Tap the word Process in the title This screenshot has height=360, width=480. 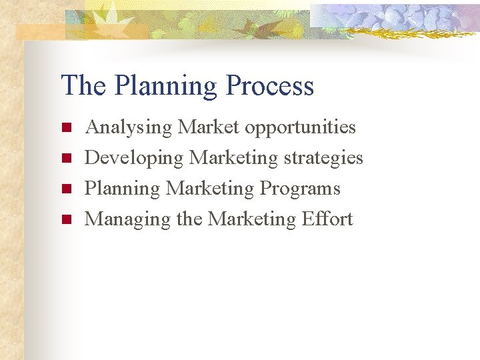tap(269, 86)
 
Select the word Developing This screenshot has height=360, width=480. tap(134, 158)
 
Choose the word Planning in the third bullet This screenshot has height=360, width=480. tap(122, 189)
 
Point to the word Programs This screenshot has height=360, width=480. tap(300, 189)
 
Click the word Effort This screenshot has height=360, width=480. tap(327, 219)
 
